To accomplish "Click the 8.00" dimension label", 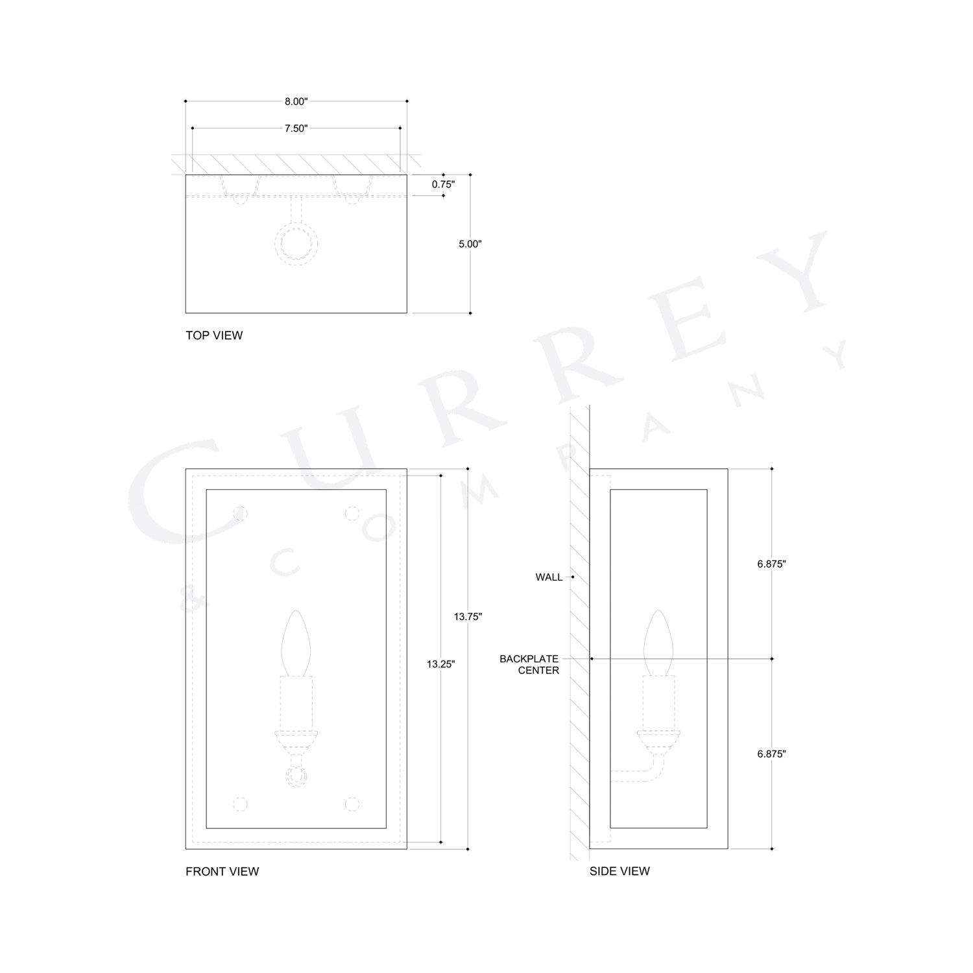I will (x=296, y=101).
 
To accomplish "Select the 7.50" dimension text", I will (x=296, y=128).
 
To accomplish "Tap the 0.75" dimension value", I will (x=443, y=184).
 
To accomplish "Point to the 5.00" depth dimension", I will (x=470, y=244).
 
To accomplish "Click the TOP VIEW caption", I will (x=214, y=335).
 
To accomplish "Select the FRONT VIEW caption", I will (x=222, y=871).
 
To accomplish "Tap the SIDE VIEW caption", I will (x=619, y=871).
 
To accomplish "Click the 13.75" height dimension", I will (x=468, y=617).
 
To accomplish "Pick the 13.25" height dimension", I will (x=441, y=664).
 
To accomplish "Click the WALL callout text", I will (x=549, y=577).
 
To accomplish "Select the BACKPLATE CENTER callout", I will (x=529, y=664).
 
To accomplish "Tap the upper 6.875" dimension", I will (x=771, y=564).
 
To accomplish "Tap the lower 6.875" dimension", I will (x=771, y=754).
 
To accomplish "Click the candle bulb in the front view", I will (x=296, y=642).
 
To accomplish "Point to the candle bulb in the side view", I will (x=658, y=642).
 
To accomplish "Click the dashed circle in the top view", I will (x=296, y=244).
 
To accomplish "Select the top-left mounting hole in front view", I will (x=241, y=514).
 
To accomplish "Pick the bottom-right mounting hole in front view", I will (x=352, y=804).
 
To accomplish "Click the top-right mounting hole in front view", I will (x=352, y=514).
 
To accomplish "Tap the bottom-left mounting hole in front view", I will (x=241, y=804).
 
